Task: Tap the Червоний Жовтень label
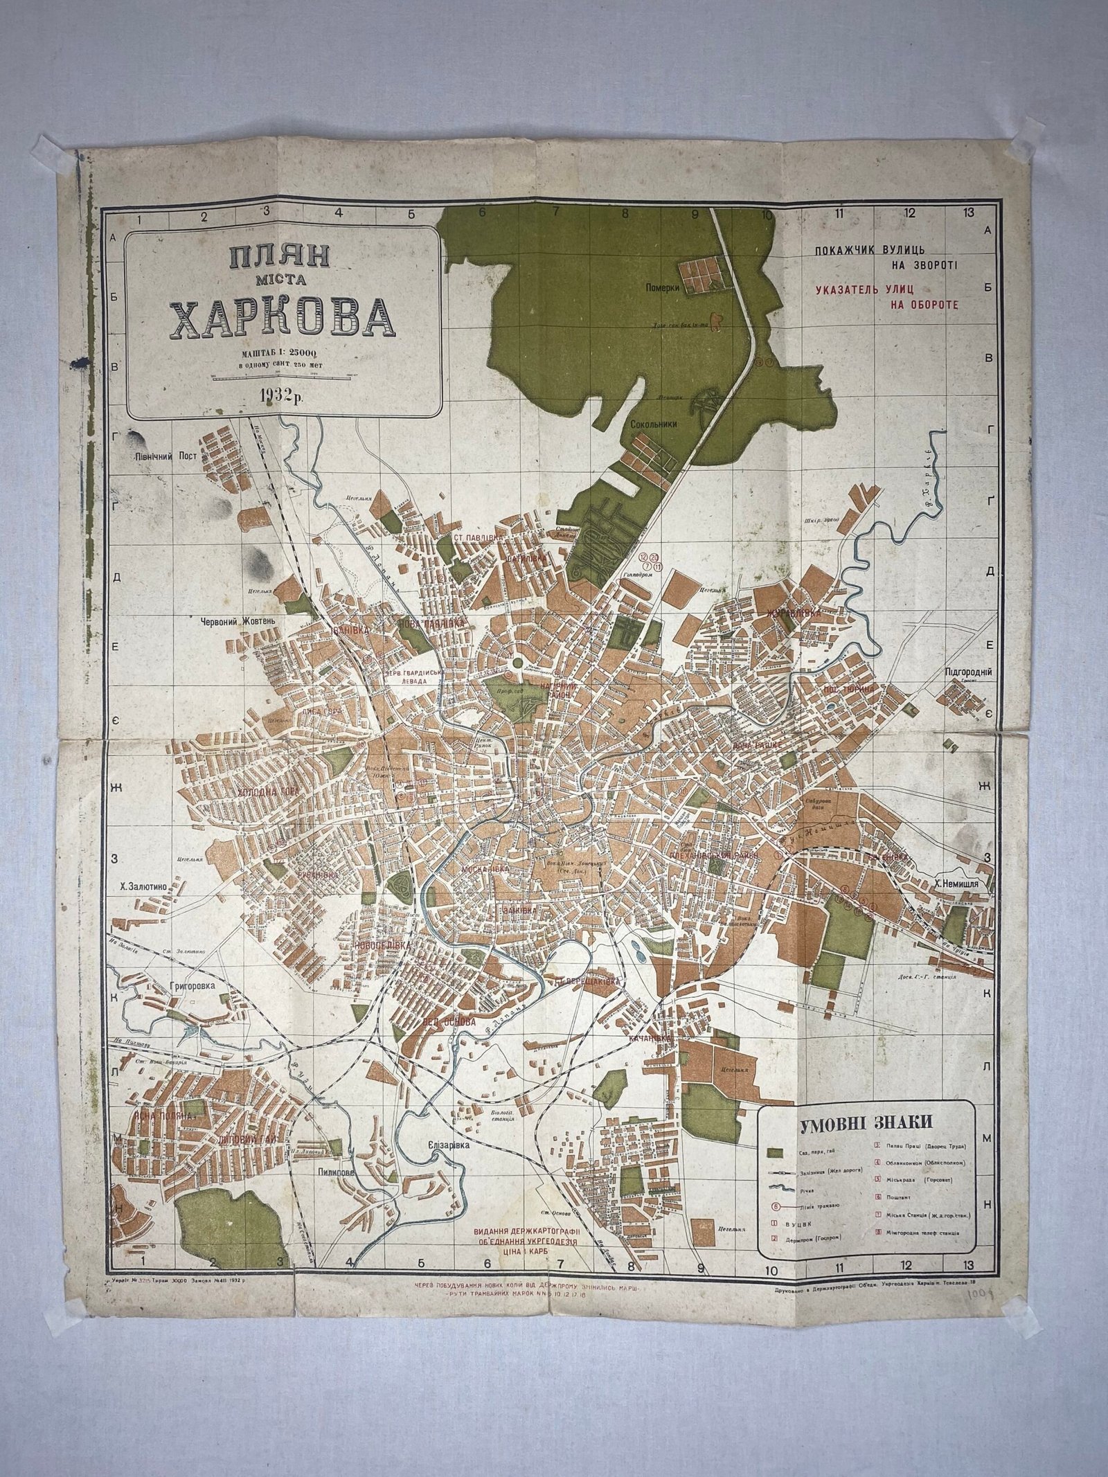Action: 238,621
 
